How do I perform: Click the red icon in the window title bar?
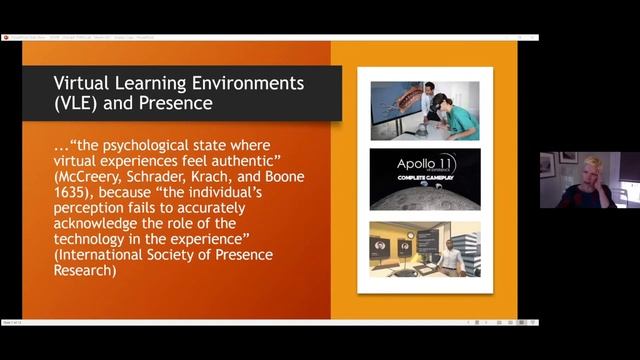(x=5, y=38)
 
